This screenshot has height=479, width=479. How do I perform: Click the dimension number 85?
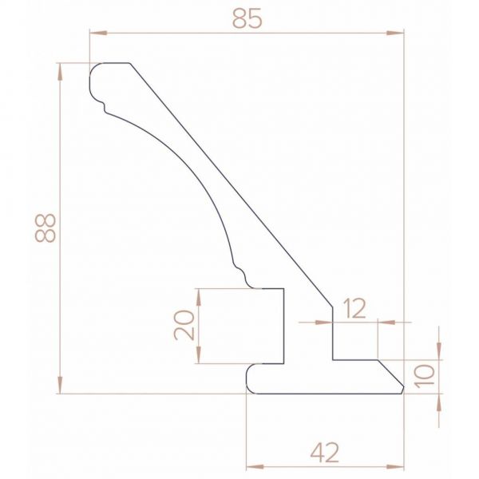(x=247, y=18)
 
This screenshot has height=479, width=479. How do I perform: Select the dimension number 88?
(x=46, y=228)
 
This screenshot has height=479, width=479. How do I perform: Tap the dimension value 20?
(x=184, y=325)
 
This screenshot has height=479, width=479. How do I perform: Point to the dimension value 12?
(x=354, y=308)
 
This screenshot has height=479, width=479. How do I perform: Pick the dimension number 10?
(x=425, y=377)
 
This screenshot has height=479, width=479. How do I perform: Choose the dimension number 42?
(x=324, y=453)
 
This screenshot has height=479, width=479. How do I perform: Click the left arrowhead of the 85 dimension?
(x=98, y=33)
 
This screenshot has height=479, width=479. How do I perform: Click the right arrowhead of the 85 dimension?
(x=395, y=33)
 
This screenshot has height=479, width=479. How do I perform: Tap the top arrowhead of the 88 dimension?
(x=60, y=72)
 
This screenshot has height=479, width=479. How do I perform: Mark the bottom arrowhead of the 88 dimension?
(x=60, y=385)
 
